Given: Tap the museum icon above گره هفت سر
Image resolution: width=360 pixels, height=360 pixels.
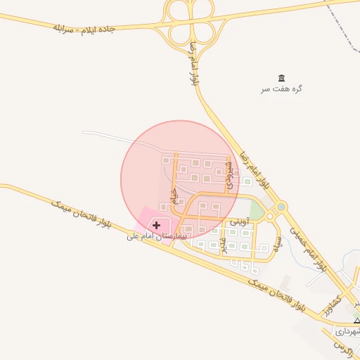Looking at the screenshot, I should pos(282,77).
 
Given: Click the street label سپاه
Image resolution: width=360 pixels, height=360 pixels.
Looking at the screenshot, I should pos(279,247).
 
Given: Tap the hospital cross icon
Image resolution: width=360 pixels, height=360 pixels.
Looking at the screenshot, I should pos(156,225).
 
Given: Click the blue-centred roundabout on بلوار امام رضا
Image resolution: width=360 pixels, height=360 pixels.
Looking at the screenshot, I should pos(281,207).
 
